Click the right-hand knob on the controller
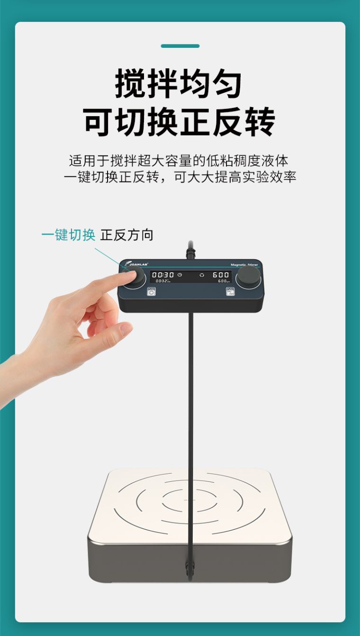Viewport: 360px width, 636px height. coord(248,276)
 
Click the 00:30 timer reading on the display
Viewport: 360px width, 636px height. coord(162,275)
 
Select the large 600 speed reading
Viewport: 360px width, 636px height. coord(221,275)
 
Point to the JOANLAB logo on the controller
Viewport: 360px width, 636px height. coord(134,264)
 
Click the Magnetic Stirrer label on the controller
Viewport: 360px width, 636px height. coord(244,265)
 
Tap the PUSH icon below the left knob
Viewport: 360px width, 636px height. coord(152,291)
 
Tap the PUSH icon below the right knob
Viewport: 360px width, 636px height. coord(230,291)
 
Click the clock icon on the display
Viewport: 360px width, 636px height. coord(180,275)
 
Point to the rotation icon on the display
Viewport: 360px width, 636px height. coord(202,275)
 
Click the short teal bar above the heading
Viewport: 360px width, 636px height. coord(180,46)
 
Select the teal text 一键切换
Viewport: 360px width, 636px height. coord(68,235)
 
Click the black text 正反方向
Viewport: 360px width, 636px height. coord(126,235)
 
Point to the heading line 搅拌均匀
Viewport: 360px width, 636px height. coord(179,84)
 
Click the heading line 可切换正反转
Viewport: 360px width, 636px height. coord(180,122)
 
